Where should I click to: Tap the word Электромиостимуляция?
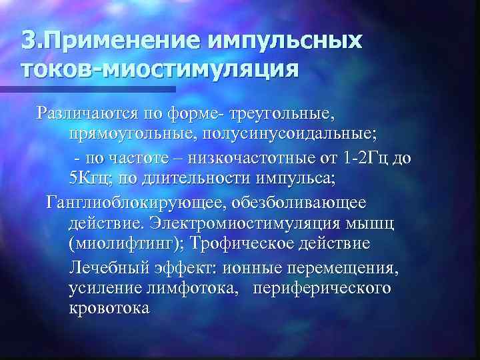click(x=255, y=221)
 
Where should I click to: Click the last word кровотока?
click(x=109, y=309)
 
